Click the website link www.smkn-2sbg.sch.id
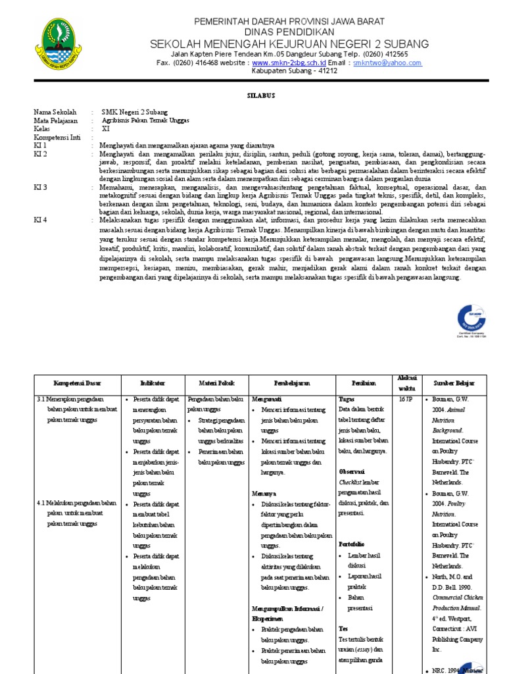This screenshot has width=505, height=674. pyautogui.click(x=289, y=63)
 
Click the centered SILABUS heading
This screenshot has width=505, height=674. pyautogui.click(x=260, y=96)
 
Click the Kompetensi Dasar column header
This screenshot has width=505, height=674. pyautogui.click(x=77, y=382)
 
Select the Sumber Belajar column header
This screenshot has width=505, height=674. pyautogui.click(x=453, y=382)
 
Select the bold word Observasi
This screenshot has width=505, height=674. pyautogui.click(x=352, y=472)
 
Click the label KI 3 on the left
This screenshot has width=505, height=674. pyautogui.click(x=41, y=188)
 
